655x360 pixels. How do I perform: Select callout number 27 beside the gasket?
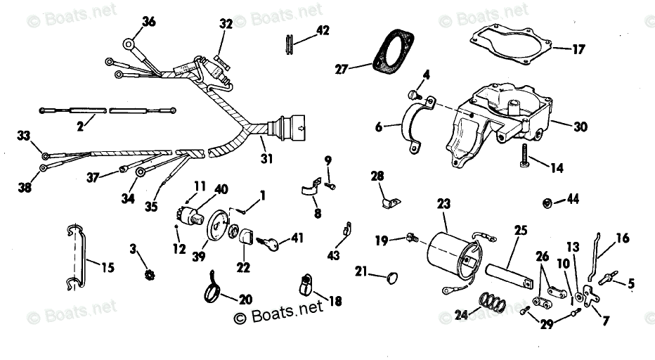click(x=341, y=68)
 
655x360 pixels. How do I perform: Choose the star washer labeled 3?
click(x=148, y=272)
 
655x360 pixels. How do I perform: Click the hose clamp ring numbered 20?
click(x=213, y=288)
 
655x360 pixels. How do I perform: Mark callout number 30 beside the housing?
click(x=581, y=127)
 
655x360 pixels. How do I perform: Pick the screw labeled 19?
click(x=412, y=238)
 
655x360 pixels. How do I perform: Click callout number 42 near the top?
click(x=322, y=30)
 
